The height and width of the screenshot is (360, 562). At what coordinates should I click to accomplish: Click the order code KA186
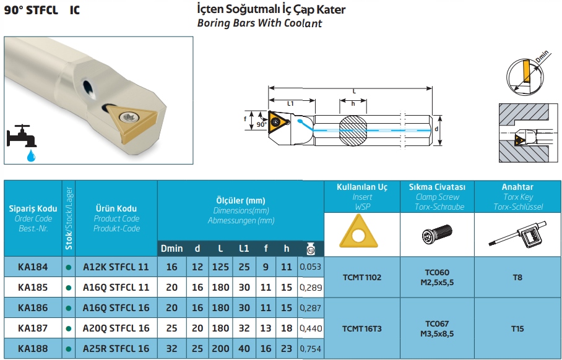[33, 307]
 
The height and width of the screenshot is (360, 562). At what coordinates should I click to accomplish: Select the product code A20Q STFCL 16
[116, 328]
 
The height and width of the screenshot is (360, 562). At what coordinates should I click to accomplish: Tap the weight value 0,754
[310, 348]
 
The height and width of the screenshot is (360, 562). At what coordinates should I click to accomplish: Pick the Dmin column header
[171, 249]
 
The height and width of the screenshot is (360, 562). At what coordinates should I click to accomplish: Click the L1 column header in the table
[244, 249]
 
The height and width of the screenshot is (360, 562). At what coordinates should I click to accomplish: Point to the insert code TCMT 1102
[362, 277]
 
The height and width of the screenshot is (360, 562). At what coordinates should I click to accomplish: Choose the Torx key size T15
[517, 328]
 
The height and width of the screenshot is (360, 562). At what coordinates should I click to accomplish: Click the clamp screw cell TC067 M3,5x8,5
[437, 328]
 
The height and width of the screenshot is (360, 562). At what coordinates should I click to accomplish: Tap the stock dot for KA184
[69, 267]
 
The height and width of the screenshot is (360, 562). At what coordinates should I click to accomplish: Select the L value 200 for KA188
[220, 348]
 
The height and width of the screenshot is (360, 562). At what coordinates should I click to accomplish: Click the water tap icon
[21, 135]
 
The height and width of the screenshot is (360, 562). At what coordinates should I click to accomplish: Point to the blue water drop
[31, 155]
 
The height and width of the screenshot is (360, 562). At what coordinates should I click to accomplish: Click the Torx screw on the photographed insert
[129, 117]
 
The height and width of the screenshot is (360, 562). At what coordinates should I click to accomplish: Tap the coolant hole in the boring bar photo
[89, 89]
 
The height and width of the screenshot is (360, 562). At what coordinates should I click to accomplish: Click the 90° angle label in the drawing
[262, 125]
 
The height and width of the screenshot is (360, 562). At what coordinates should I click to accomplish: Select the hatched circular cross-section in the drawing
[353, 131]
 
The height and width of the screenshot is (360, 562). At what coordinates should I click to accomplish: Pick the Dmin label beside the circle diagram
[542, 56]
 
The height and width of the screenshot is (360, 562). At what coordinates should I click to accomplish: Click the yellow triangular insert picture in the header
[358, 231]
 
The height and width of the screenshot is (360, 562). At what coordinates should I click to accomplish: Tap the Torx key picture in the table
[517, 234]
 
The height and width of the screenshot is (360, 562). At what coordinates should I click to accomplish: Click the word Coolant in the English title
[303, 24]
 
